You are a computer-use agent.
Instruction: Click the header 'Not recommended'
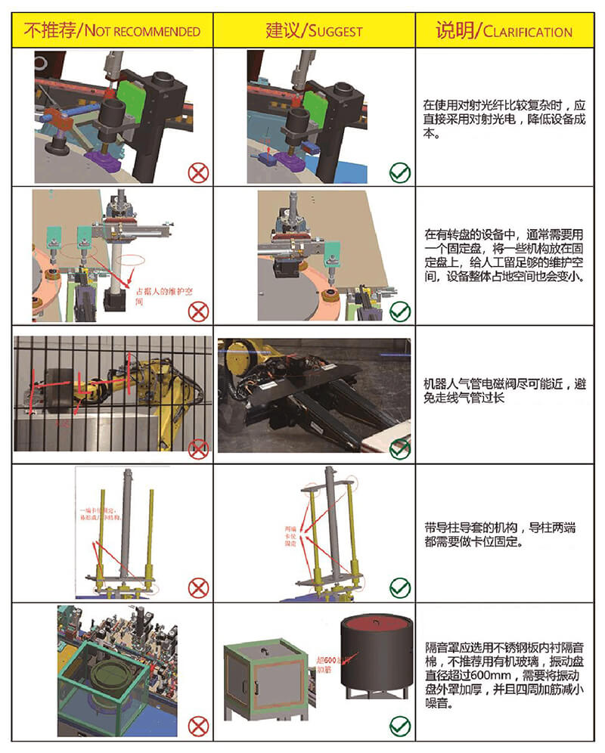pyautogui.click(x=112, y=31)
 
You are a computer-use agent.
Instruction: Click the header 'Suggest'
pyautogui.click(x=314, y=31)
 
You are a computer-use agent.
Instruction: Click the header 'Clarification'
pyautogui.click(x=504, y=31)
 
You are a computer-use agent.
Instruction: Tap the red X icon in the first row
pyautogui.click(x=198, y=172)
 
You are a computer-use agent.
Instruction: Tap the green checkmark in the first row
pyautogui.click(x=400, y=172)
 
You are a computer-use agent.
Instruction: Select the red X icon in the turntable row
pyautogui.click(x=198, y=311)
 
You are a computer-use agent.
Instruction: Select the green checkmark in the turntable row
pyautogui.click(x=400, y=311)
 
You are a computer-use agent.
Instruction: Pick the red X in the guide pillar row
pyautogui.click(x=198, y=587)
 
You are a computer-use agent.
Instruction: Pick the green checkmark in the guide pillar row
pyautogui.click(x=400, y=587)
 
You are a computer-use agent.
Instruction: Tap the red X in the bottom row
pyautogui.click(x=198, y=727)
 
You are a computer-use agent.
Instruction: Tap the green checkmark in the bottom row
pyautogui.click(x=400, y=727)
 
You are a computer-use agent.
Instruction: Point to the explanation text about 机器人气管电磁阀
pyautogui.click(x=504, y=391)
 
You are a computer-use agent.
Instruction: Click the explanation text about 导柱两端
pyautogui.click(x=504, y=535)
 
